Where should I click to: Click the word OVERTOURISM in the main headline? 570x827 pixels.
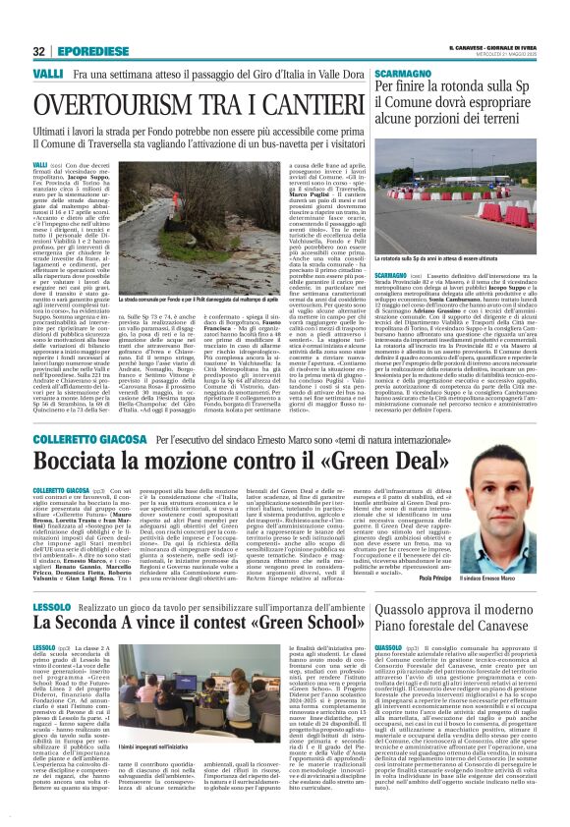pyautogui.click(x=123, y=103)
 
